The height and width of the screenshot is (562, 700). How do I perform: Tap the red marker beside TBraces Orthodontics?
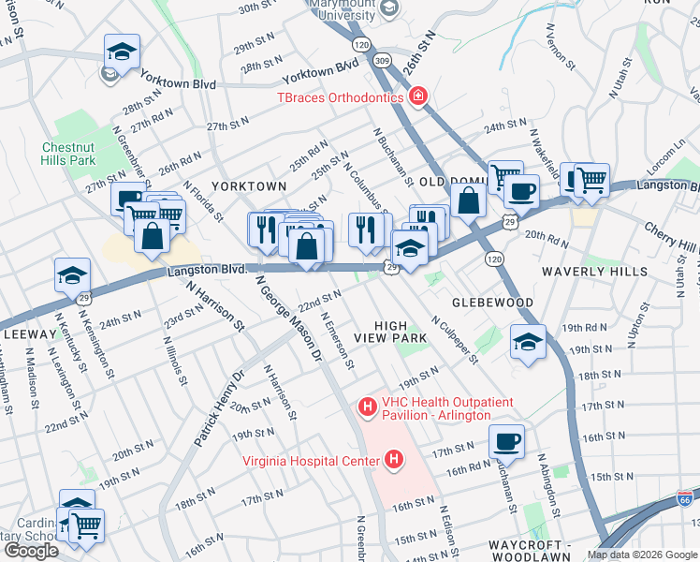pyautogui.click(x=417, y=96)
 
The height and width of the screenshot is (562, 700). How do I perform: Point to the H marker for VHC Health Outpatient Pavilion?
pyautogui.click(x=367, y=407)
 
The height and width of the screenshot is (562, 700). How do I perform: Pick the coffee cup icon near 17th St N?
pyautogui.click(x=506, y=441)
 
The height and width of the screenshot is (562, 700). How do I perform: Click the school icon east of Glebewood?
pyautogui.click(x=528, y=342)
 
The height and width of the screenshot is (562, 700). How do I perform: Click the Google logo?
pyautogui.click(x=31, y=551)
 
